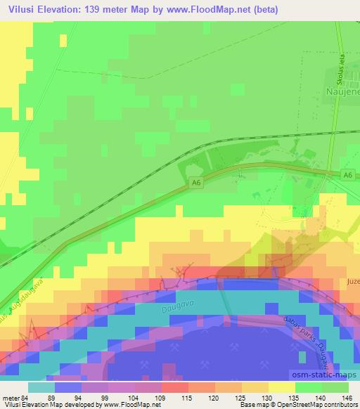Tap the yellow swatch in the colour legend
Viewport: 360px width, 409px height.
click(x=281, y=387)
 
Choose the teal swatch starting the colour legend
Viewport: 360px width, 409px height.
click(x=41, y=387)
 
